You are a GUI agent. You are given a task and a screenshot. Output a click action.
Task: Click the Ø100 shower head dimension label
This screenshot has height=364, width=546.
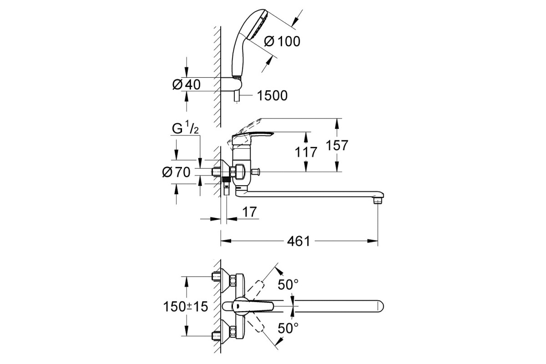tap(282, 41)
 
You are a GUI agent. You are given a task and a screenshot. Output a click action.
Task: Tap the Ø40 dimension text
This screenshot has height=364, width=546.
tap(187, 85)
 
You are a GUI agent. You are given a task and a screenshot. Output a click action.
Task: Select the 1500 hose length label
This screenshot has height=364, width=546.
tap(272, 96)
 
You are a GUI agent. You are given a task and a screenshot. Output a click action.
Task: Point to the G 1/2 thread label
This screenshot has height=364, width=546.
tap(185, 128)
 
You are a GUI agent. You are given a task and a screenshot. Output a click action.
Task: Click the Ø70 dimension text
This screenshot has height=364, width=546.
tap(176, 172)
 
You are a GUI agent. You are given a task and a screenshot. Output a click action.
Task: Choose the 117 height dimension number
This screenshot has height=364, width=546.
tap(306, 152)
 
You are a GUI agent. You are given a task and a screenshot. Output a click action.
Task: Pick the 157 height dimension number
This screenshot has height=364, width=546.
tap(337, 145)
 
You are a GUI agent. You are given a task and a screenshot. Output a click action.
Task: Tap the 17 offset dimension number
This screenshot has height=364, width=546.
tap(250, 212)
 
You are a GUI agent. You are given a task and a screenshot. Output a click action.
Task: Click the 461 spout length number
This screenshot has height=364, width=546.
tap(298, 241)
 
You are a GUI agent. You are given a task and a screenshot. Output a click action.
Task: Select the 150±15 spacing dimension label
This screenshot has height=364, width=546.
tap(186, 307)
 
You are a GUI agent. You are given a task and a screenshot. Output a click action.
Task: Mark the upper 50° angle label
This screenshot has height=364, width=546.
tap(288, 284)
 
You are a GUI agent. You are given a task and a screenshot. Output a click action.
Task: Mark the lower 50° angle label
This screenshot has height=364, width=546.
tap(288, 328)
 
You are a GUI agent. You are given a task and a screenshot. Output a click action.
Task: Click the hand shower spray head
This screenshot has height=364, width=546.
tap(258, 25)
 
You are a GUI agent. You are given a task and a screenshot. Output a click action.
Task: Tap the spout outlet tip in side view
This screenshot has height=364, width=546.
tap(378, 201)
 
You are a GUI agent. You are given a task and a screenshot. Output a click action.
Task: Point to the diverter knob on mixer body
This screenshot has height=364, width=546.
tap(255, 172)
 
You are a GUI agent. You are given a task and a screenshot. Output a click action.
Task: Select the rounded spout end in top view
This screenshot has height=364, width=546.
tap(379, 306)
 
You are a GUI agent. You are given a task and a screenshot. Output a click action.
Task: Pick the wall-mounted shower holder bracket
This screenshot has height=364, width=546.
tap(231, 84)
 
